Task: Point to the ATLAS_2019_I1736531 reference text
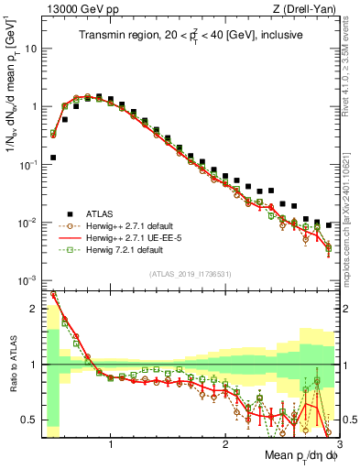tap(190, 274)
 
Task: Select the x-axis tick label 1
tap(112, 443)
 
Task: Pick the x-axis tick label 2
tap(225, 443)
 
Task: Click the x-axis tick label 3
tap(338, 443)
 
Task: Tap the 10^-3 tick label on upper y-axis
tap(27, 280)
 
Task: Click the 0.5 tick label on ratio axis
tap(28, 420)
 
